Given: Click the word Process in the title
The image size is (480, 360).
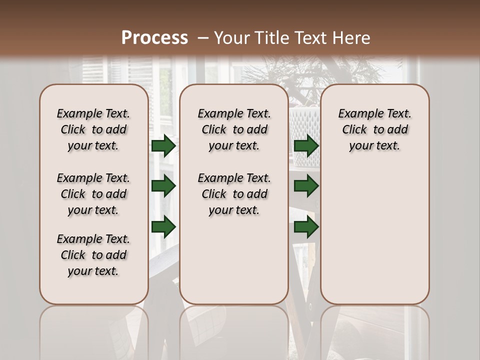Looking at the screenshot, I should tap(154, 38).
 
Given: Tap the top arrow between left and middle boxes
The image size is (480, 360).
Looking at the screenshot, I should tap(163, 146).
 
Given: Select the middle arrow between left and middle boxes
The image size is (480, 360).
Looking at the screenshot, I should tap(163, 186).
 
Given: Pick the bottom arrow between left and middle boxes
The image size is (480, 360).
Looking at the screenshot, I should tap(163, 227).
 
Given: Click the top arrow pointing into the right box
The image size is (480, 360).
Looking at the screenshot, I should tap(306, 146).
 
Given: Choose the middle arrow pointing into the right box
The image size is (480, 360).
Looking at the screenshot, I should tap(306, 186).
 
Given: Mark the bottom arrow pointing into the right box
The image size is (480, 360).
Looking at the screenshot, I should tap(306, 227).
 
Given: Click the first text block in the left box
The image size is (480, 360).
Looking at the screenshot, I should tap(93, 129).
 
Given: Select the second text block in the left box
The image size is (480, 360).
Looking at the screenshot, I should tap(93, 194).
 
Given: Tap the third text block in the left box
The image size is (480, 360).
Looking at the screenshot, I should tap(93, 255).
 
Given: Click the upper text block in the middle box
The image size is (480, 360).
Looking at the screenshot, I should tap(234, 129).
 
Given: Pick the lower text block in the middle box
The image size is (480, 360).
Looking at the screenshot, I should tap(234, 194).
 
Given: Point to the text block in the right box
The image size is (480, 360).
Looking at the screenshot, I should tap(374, 129).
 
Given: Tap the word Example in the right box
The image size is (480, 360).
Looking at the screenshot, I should tap(356, 113).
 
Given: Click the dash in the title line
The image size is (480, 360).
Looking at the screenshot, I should tap(203, 38).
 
